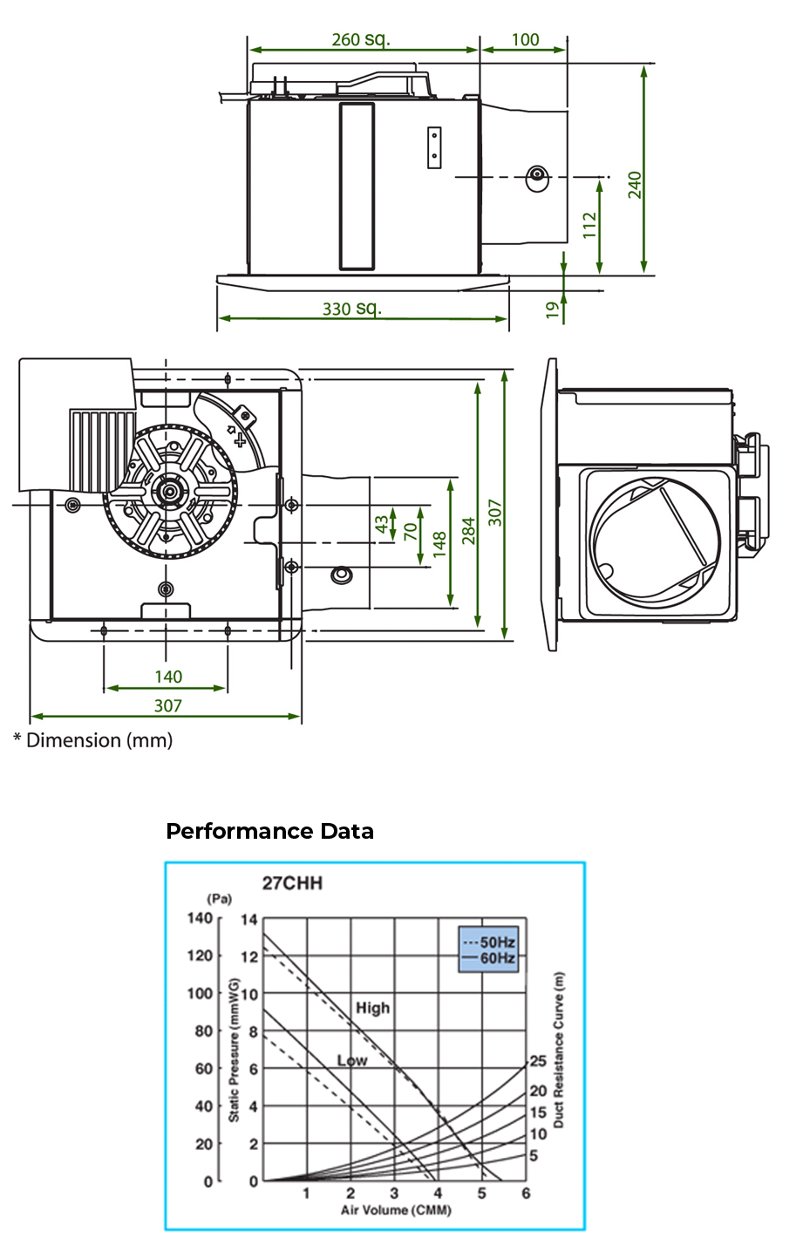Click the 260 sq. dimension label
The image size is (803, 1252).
point(361,39)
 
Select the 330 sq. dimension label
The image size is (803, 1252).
point(352,309)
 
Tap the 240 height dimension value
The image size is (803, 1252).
point(636,185)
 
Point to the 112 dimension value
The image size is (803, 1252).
point(590,226)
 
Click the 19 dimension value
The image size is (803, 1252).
point(553,309)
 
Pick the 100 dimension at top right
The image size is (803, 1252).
point(525,39)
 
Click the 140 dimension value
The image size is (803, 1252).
point(168,677)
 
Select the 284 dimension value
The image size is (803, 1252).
point(468,529)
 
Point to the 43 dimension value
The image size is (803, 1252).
point(382,525)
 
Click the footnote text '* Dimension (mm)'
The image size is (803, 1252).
point(92,740)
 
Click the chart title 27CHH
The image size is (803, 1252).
point(292,882)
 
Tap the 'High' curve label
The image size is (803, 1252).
point(372,1008)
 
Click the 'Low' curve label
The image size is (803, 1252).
point(352,1060)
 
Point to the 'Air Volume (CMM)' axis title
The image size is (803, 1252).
point(396,1210)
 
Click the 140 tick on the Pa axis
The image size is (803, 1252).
point(200,918)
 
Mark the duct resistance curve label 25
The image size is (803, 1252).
point(538,1061)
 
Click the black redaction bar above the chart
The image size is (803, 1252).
point(269,830)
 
